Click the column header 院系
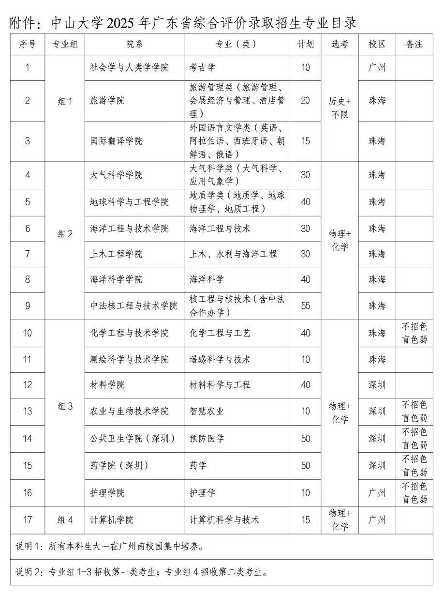tap(134, 45)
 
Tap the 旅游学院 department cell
tap(107, 101)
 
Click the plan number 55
tap(305, 306)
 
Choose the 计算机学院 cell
tap(112, 520)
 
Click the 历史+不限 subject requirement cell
tap(340, 108)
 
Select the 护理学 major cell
tap(202, 493)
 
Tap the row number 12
tap(28, 385)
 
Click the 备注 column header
tap(414, 45)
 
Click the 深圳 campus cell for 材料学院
tap(377, 385)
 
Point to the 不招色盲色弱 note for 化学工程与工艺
tap(414, 333)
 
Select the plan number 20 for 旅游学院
tap(305, 101)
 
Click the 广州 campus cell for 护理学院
tap(377, 493)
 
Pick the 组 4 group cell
tap(65, 520)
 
